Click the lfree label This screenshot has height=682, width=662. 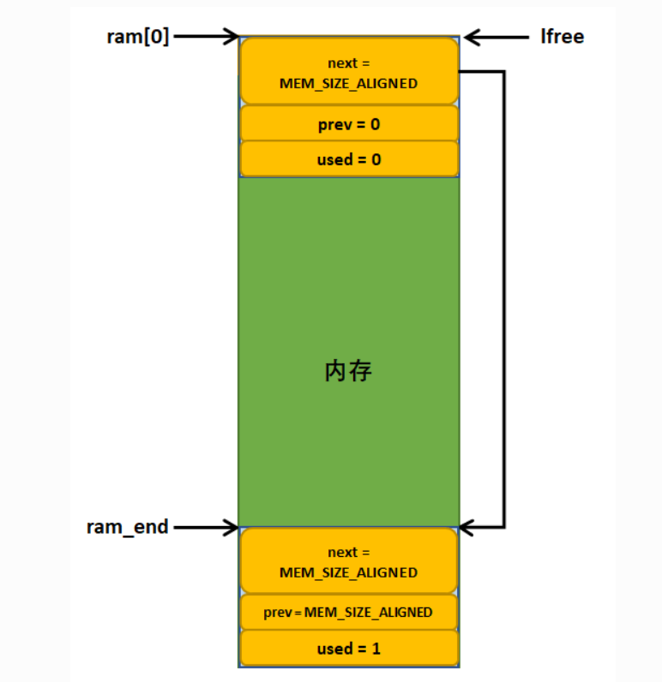pyautogui.click(x=562, y=36)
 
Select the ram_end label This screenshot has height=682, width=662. pyautogui.click(x=127, y=526)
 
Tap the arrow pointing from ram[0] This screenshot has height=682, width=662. pyautogui.click(x=206, y=36)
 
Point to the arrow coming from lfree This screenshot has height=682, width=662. pyautogui.click(x=497, y=36)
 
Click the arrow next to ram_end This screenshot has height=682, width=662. pyautogui.click(x=206, y=526)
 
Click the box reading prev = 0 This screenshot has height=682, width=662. pyautogui.click(x=349, y=124)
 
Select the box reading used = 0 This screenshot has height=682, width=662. pyautogui.click(x=349, y=159)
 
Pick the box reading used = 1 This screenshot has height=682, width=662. pyautogui.click(x=349, y=649)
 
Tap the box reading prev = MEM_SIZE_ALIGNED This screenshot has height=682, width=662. pyautogui.click(x=349, y=613)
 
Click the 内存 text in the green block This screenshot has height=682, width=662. pyautogui.click(x=349, y=371)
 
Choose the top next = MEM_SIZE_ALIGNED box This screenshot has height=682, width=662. pyautogui.click(x=349, y=72)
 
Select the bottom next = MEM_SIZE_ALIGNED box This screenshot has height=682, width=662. pyautogui.click(x=349, y=562)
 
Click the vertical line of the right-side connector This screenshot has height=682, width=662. pyautogui.click(x=503, y=300)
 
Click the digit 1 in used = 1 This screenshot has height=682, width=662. pyautogui.click(x=376, y=649)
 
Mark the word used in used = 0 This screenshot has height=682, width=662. pyautogui.click(x=334, y=159)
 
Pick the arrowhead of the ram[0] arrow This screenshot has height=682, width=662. pyautogui.click(x=231, y=36)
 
